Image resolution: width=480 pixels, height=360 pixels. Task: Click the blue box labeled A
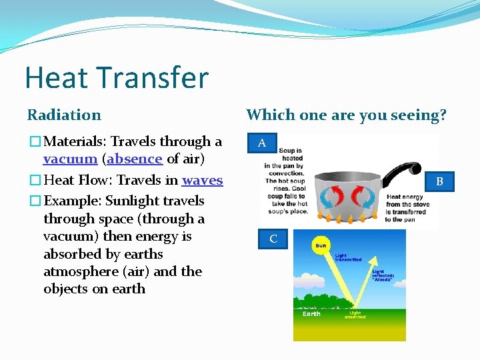click(x=262, y=143)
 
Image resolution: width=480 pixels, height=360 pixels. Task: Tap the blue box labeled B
click(x=439, y=181)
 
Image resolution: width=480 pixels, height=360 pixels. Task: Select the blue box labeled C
click(x=273, y=239)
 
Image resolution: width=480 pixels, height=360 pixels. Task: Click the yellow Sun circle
click(x=321, y=245)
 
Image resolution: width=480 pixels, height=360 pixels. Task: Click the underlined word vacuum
click(x=70, y=159)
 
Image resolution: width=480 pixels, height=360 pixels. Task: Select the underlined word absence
click(x=135, y=159)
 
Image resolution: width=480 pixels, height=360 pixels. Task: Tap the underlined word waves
click(x=202, y=181)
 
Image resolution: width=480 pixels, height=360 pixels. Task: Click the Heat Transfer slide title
click(x=117, y=78)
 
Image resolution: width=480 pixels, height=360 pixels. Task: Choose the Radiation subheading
click(x=64, y=115)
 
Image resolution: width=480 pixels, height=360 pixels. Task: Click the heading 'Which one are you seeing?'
click(x=346, y=115)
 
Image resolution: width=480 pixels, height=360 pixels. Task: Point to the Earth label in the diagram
click(x=311, y=313)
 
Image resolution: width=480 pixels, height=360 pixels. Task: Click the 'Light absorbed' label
click(x=355, y=315)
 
